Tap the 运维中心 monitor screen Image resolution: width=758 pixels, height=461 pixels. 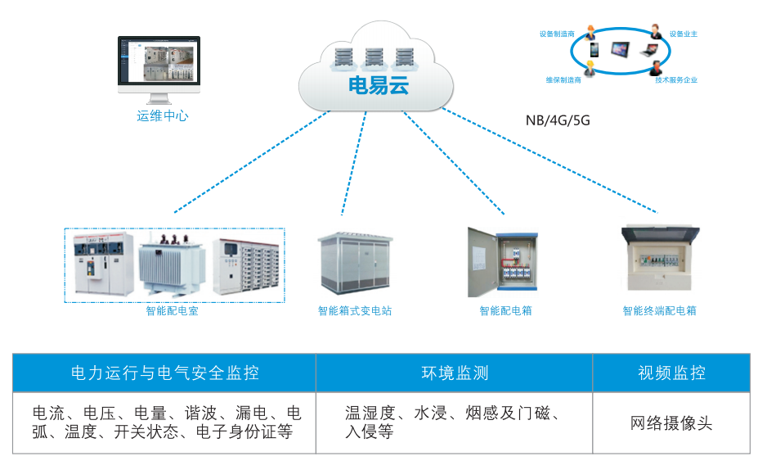coord(159,62)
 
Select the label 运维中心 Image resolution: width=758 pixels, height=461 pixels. coord(162,116)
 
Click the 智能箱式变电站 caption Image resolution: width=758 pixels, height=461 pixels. coord(355,311)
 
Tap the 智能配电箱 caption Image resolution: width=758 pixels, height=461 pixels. coord(505,311)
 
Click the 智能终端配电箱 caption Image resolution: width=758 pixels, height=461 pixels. coord(659,311)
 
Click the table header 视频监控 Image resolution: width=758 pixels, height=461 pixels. coord(671,373)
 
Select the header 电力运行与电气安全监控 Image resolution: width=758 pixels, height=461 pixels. coord(164,373)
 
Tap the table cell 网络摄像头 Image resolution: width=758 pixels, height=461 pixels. coord(671,423)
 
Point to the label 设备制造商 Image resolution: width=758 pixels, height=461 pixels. coord(557,35)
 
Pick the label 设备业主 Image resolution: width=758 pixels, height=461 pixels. coord(683,34)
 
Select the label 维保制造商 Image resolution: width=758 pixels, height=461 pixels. coord(563,80)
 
